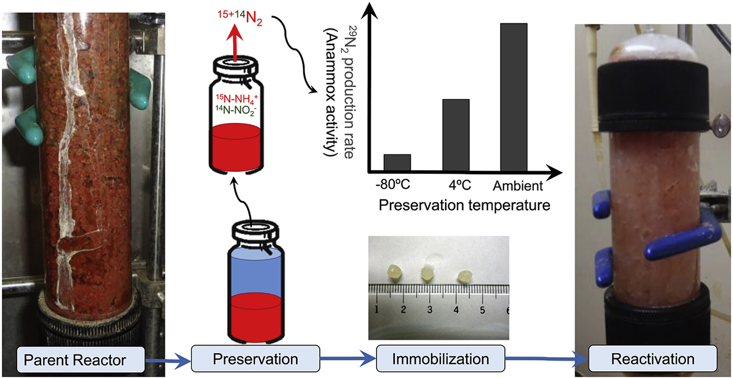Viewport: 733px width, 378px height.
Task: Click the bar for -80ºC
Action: tap(397, 163)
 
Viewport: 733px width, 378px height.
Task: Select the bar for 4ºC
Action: tap(456, 135)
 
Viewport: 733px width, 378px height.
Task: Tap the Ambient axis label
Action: tap(517, 186)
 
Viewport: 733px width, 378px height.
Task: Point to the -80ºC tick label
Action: tap(393, 185)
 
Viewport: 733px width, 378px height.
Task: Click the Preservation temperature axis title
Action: tap(464, 205)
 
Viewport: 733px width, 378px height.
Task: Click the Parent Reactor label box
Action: tap(80, 360)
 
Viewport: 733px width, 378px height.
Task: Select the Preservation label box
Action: tap(256, 359)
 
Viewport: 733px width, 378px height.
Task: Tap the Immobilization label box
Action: tap(440, 359)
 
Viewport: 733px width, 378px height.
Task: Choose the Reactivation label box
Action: tap(653, 359)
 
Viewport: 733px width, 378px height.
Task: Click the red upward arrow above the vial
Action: tap(234, 43)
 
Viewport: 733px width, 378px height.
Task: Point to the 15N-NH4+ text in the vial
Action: tap(236, 99)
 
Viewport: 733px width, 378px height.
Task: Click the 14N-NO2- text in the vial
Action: tap(236, 110)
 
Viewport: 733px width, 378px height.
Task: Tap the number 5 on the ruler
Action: tap(482, 310)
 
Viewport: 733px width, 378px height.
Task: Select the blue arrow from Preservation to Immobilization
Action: tap(347, 359)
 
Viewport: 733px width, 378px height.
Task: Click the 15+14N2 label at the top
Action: tap(240, 17)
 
